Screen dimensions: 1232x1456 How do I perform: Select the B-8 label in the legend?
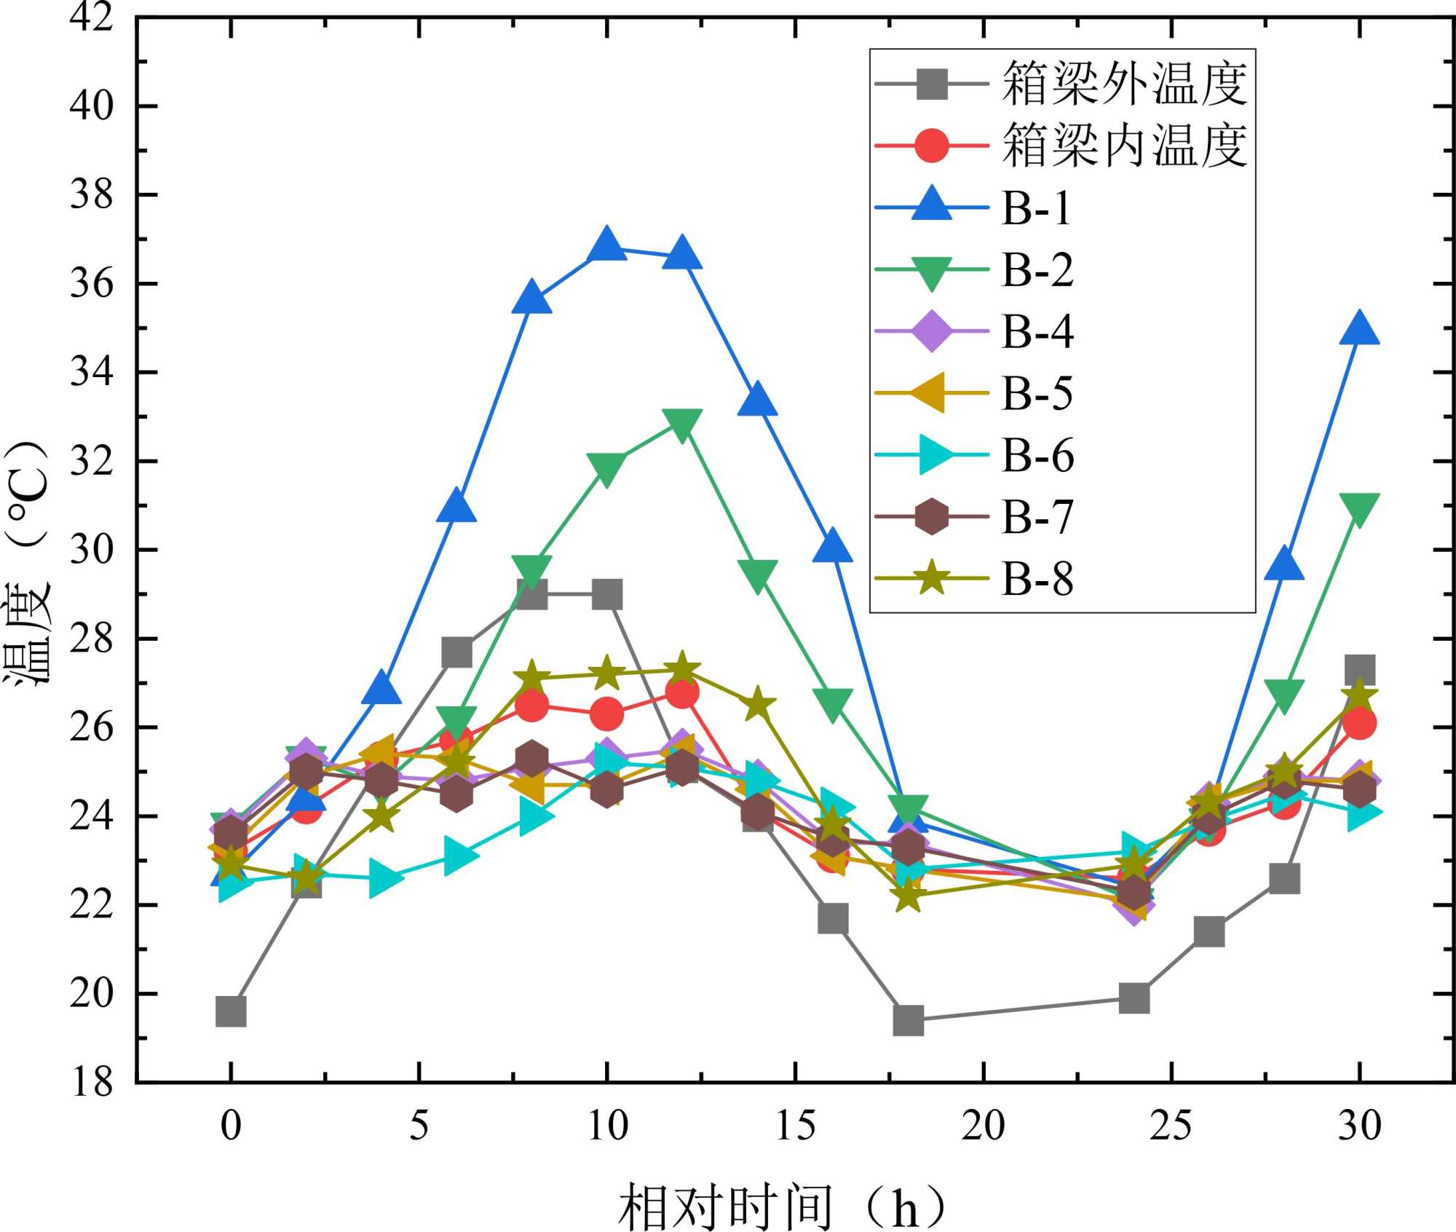[x=1037, y=580]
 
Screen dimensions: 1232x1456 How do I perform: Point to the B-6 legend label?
[x=1037, y=456]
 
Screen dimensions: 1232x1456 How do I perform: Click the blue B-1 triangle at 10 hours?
[x=607, y=245]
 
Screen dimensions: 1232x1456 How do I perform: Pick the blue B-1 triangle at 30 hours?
[x=1359, y=329]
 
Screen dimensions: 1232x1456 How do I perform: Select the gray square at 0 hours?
[x=231, y=1011]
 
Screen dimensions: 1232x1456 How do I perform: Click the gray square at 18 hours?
[x=909, y=1020]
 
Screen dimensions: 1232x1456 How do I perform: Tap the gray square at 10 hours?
[x=607, y=595]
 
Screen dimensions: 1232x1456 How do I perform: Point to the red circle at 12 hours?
[x=682, y=692]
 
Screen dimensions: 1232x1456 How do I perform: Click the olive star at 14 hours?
[x=758, y=704]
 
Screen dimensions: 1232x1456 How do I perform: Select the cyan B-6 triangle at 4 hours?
[x=381, y=879]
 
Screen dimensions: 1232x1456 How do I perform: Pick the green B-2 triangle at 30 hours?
[x=1359, y=508]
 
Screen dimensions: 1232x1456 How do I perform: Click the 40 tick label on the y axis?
[x=92, y=106]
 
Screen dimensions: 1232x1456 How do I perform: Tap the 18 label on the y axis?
[x=92, y=1082]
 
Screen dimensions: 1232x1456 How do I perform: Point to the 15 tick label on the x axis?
[x=795, y=1126]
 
